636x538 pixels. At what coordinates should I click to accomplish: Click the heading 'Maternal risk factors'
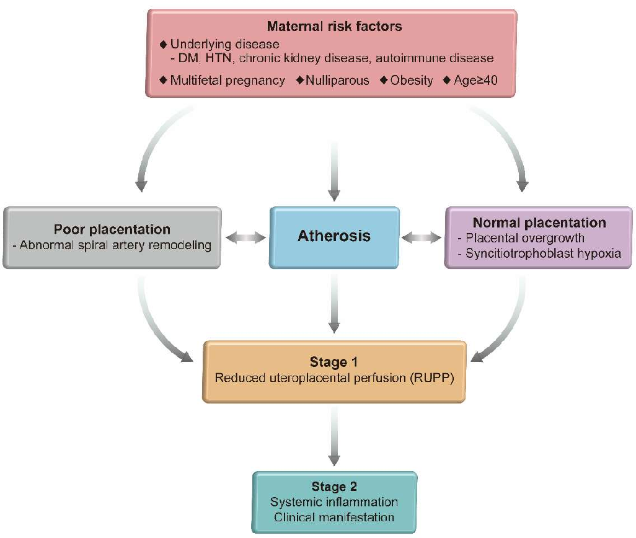click(334, 27)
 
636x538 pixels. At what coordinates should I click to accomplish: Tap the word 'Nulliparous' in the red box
click(338, 81)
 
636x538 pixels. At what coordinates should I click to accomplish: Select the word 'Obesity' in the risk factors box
click(411, 81)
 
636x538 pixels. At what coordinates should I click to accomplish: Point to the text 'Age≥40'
click(479, 81)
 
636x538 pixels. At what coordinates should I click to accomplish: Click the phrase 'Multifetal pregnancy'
click(227, 81)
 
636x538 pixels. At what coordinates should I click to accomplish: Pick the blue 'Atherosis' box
click(334, 236)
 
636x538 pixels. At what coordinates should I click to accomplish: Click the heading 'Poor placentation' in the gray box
click(112, 229)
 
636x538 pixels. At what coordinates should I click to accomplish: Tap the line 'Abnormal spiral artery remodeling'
click(112, 244)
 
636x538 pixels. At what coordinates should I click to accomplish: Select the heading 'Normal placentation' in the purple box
click(539, 223)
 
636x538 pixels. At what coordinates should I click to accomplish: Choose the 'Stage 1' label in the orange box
click(334, 362)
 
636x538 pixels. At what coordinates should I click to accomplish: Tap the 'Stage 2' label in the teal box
click(334, 487)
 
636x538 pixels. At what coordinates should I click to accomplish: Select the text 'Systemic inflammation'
click(334, 501)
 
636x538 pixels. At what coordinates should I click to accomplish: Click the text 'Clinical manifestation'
click(334, 516)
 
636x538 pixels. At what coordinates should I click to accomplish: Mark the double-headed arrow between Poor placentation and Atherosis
click(245, 237)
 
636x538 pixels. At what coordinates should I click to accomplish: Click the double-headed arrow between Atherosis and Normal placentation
click(423, 237)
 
